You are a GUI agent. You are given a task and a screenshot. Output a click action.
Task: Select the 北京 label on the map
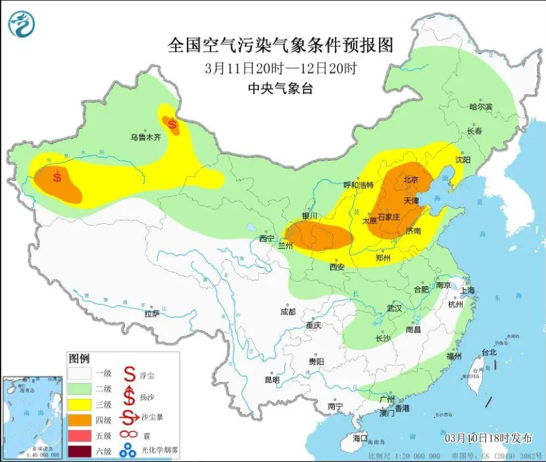point(411,179)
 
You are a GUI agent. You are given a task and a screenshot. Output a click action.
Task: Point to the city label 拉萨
point(152,313)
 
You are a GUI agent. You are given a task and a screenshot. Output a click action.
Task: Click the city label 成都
point(288,312)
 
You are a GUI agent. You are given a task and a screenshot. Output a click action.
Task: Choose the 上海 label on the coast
point(468,291)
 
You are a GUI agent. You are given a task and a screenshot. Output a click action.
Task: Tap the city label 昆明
point(272,380)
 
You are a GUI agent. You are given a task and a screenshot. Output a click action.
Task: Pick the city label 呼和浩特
point(358,185)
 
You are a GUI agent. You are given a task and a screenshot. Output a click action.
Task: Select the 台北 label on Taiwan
point(489,352)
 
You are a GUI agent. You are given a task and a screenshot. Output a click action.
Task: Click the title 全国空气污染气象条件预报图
point(281,46)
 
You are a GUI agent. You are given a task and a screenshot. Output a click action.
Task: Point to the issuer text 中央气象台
point(281,88)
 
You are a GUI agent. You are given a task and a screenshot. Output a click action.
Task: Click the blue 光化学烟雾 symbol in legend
point(129,451)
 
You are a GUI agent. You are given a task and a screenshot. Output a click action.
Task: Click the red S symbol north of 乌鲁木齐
point(172,123)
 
